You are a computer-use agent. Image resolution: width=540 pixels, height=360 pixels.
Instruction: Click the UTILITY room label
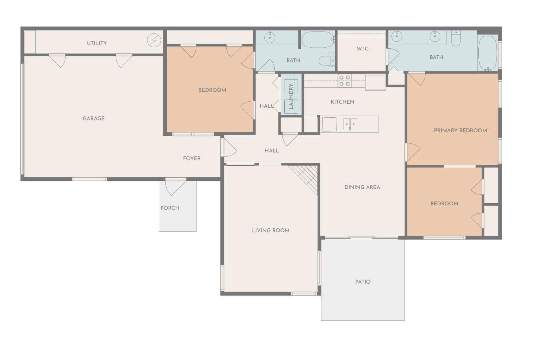97,44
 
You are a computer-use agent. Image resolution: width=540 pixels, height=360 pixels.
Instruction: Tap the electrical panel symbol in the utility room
154,40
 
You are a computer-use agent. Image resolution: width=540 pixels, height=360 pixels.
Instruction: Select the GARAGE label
94,118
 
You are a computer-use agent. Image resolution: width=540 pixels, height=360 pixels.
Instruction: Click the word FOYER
192,158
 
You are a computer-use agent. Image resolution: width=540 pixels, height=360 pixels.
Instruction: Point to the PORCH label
170,208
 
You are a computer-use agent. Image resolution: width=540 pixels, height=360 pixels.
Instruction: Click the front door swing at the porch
176,187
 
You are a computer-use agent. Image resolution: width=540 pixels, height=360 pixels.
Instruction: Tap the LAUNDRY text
291,96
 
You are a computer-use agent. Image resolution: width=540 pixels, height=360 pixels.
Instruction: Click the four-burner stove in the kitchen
344,81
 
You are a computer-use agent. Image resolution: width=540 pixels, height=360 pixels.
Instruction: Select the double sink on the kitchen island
350,124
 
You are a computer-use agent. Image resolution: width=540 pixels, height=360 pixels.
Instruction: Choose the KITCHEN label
342,102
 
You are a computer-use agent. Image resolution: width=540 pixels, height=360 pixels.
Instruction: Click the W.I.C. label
363,49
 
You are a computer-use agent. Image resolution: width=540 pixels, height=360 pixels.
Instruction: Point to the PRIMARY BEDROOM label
460,130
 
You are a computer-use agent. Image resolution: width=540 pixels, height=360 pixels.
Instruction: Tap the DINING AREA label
362,187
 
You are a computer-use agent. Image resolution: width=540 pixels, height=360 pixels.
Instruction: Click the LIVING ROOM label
271,230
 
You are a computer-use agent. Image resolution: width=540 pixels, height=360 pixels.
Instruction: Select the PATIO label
363,282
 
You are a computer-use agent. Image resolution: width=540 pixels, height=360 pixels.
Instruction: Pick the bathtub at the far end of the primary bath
488,53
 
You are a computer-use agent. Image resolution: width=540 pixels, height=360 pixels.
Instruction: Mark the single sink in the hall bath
270,37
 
